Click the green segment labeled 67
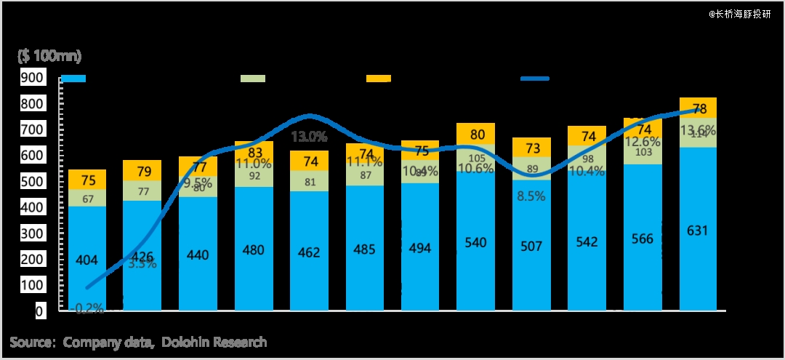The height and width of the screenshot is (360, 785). click(87, 199)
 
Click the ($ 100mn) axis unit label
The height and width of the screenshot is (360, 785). click(49, 56)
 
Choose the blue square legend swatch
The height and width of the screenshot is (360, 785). click(73, 78)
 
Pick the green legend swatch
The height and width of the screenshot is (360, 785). click(253, 78)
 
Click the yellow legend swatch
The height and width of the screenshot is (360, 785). click(379, 78)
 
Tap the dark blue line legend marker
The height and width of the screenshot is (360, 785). click(534, 78)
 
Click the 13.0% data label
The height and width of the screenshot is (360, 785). click(309, 136)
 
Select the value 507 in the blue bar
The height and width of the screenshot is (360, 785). click(531, 246)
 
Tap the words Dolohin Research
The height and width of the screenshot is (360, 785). click(214, 342)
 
